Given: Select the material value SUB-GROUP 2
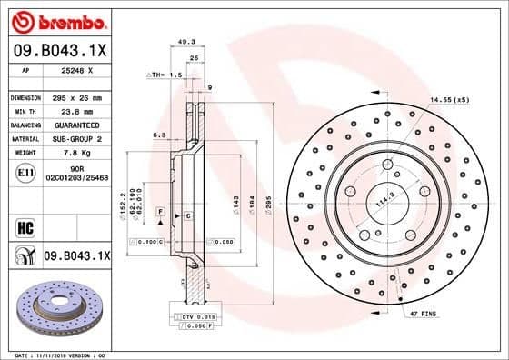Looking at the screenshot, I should [80, 139].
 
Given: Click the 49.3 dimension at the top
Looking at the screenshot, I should [186, 41].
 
